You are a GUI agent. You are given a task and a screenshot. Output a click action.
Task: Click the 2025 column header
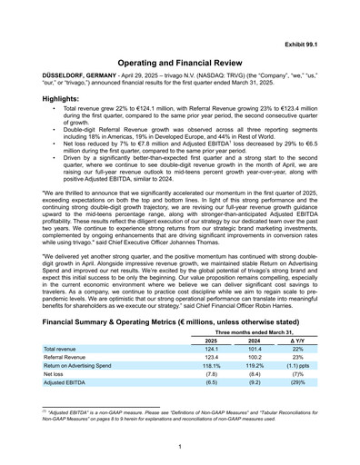(213, 342)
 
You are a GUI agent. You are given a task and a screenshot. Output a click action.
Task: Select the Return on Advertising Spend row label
(84, 372)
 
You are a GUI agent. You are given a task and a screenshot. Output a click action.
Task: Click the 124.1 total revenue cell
(213, 352)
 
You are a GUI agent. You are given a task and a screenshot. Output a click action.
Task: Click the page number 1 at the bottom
(180, 449)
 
